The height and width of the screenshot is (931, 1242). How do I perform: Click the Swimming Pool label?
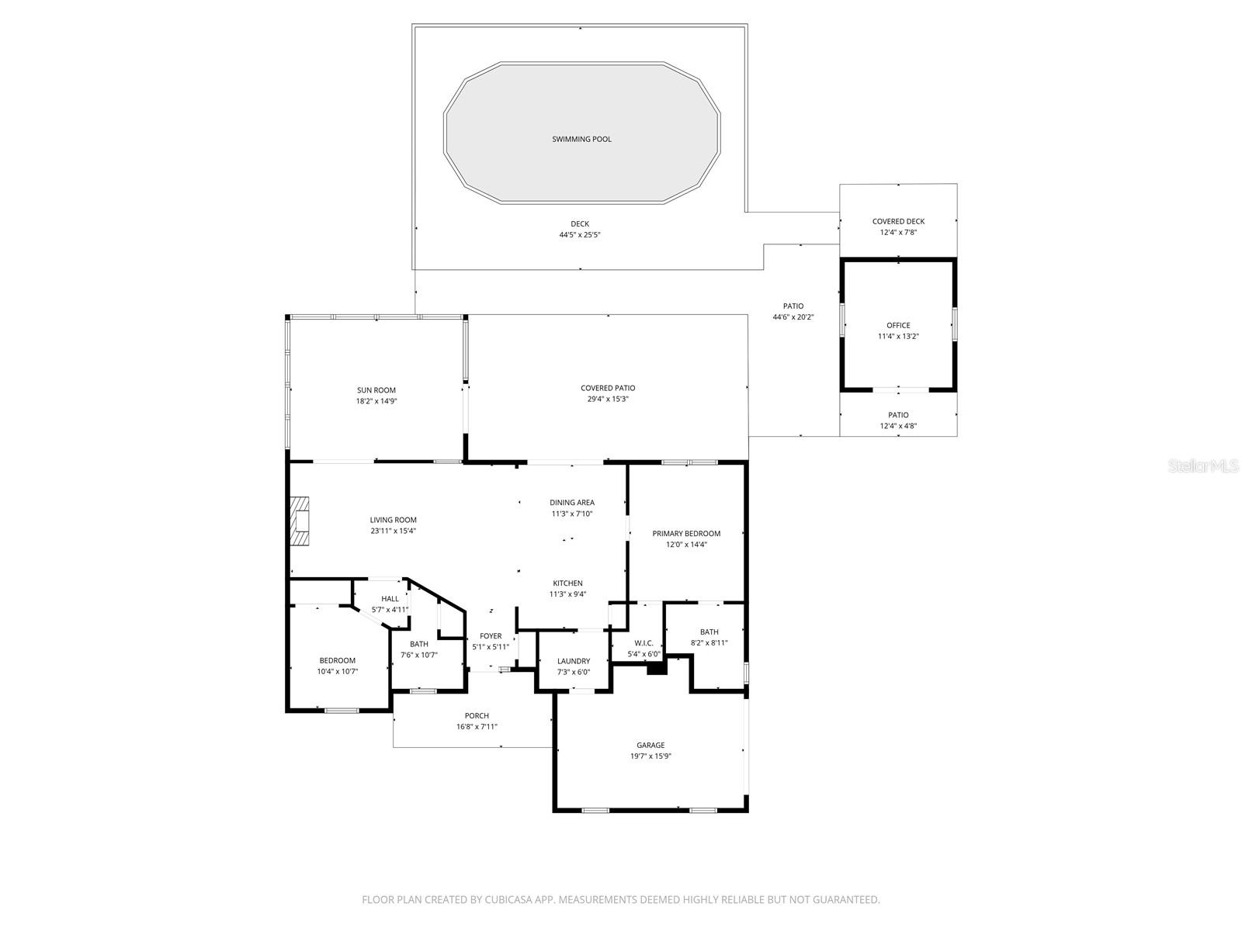(x=581, y=140)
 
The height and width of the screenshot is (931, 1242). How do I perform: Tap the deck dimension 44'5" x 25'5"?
(x=580, y=234)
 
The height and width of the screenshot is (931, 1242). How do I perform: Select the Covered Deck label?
(x=898, y=221)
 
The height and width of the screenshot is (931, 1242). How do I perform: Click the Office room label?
(x=898, y=326)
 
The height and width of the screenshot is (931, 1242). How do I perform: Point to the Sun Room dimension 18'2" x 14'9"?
(x=376, y=401)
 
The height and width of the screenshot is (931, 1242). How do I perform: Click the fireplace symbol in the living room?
(x=300, y=521)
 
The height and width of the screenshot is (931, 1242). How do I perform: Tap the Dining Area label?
(x=572, y=503)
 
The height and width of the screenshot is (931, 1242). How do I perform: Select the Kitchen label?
(x=567, y=583)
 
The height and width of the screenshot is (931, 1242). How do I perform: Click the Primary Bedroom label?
(x=686, y=534)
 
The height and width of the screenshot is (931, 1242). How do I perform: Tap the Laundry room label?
(x=574, y=661)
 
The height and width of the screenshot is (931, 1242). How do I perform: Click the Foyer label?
(x=491, y=636)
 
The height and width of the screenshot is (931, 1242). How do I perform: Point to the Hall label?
(x=390, y=598)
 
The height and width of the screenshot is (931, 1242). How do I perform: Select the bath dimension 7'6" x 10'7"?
(x=419, y=655)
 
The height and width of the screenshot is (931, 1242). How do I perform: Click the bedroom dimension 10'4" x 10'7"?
(x=338, y=671)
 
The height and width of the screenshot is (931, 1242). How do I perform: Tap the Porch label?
(x=477, y=716)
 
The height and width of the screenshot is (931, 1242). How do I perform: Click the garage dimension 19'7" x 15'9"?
(x=650, y=756)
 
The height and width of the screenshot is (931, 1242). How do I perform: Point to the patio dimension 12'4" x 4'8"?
(x=898, y=426)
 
